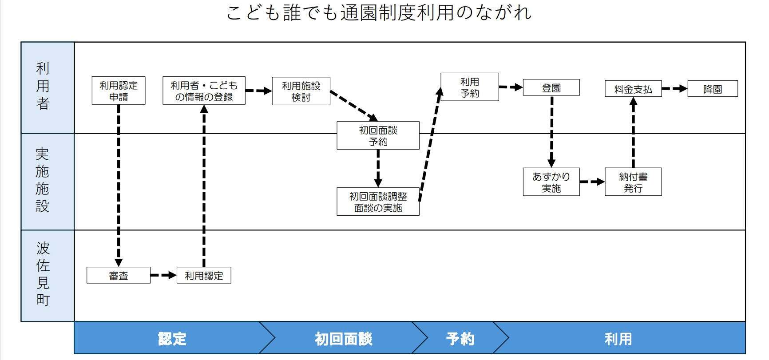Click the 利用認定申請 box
point(119,91)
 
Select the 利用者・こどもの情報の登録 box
point(204,91)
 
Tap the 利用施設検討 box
point(301,91)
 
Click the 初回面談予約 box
point(378,135)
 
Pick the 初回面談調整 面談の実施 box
point(378,202)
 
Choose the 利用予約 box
point(470,87)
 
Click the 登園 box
point(551,87)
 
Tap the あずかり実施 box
point(551,182)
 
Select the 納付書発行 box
point(633,182)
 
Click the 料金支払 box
point(633,89)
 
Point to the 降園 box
point(713,89)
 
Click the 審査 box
point(119,275)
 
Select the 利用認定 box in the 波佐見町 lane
point(204,275)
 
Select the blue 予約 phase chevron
point(460,338)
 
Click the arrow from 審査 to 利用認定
point(163,275)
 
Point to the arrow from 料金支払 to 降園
point(674,89)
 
